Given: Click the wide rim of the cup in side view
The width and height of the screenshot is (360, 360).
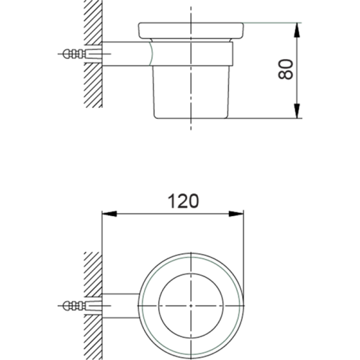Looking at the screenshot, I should click(191, 31).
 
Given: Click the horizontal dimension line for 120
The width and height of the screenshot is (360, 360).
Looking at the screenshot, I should click(144, 213).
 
